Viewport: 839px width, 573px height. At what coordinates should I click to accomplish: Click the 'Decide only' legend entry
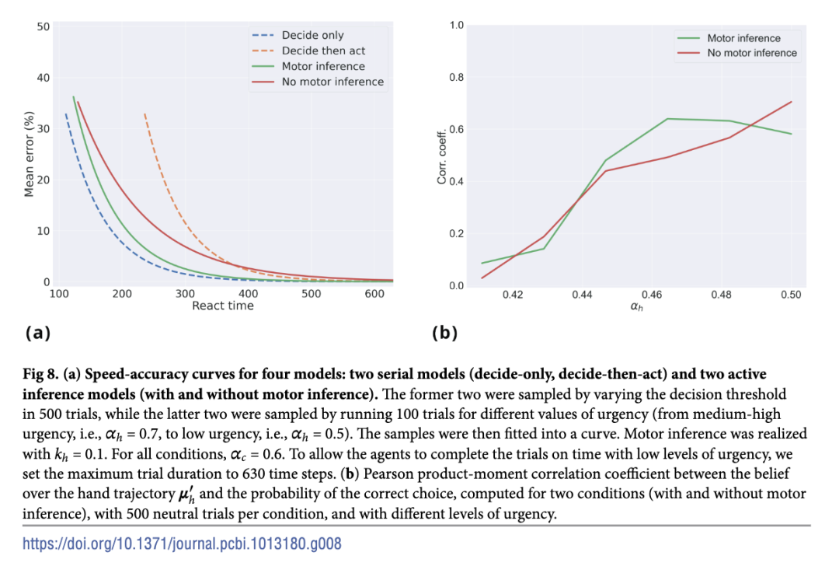[312, 35]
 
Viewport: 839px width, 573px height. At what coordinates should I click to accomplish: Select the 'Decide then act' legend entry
[323, 51]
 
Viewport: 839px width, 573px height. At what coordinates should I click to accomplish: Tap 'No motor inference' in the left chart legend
[332, 82]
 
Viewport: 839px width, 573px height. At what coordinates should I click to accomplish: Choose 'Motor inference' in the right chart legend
[743, 38]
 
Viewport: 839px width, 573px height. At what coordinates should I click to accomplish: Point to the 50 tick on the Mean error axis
[44, 27]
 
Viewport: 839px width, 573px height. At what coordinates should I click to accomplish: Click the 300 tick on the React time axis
[185, 294]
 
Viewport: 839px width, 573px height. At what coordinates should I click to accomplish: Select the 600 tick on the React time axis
[374, 294]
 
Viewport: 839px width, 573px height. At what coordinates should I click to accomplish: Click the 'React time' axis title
[223, 306]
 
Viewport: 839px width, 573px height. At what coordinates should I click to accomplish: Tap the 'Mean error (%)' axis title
[30, 154]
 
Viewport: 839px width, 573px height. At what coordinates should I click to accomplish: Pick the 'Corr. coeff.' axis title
[442, 155]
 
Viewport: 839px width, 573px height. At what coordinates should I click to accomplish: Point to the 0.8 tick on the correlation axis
[457, 78]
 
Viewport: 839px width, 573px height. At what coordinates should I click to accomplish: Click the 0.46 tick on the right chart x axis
[652, 295]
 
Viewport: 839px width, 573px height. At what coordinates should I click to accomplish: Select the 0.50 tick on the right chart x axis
[791, 295]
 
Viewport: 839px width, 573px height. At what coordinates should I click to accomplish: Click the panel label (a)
[37, 334]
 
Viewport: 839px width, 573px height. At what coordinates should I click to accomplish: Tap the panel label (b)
[444, 334]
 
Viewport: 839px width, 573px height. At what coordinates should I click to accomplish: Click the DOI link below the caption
[182, 543]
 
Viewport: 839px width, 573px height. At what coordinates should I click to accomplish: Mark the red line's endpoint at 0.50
[791, 102]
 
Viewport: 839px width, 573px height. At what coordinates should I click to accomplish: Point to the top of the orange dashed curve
[144, 114]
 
